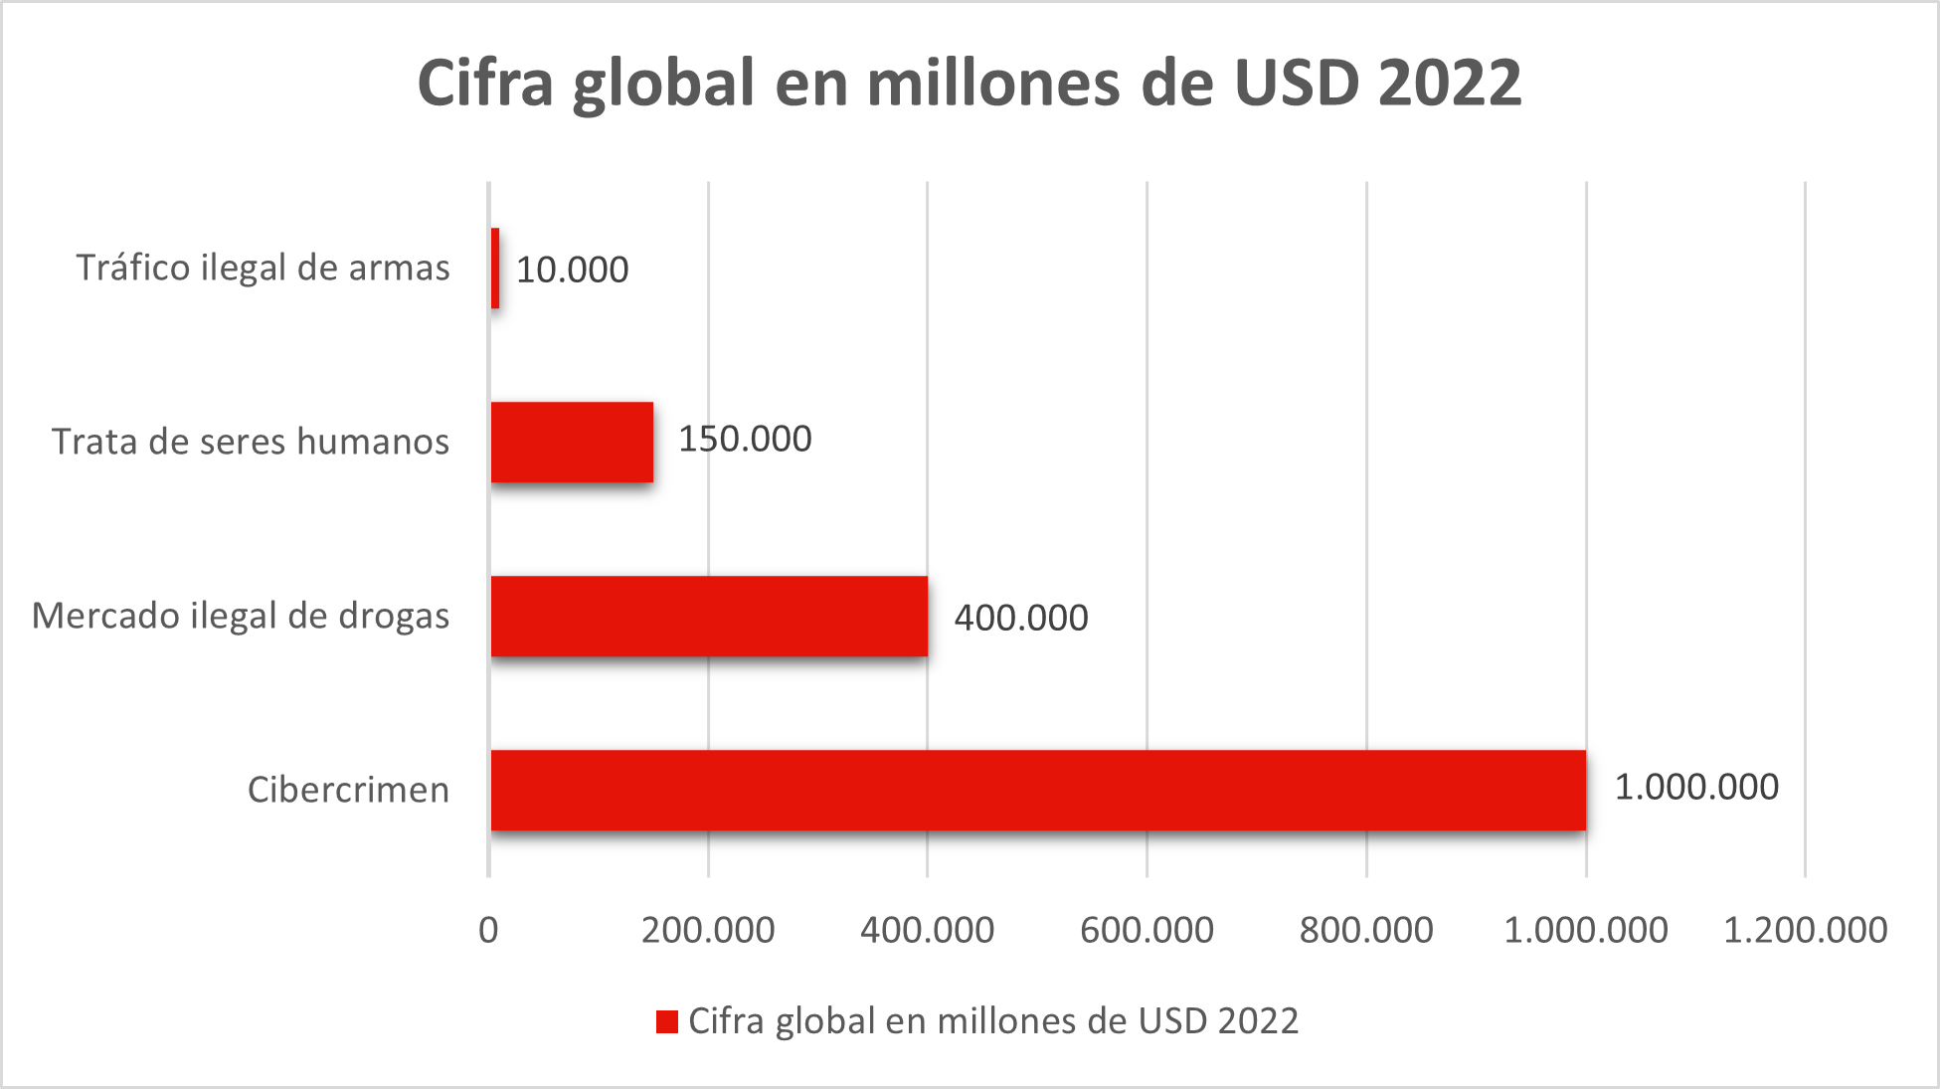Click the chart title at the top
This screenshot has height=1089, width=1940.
pos(970,83)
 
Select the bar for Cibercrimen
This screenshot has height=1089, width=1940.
pos(1038,790)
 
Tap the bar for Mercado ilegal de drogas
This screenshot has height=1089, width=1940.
pos(709,616)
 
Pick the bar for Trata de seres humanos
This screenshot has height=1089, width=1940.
pos(572,442)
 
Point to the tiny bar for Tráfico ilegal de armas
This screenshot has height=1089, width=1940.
pos(495,268)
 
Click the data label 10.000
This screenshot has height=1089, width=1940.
pos(572,270)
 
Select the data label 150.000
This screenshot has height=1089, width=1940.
pos(745,439)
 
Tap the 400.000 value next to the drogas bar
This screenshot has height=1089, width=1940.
pos(1021,618)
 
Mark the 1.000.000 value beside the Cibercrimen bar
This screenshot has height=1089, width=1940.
pos(1695,787)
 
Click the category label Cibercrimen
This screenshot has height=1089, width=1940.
pos(348,790)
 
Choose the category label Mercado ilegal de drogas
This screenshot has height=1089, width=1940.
pos(241,616)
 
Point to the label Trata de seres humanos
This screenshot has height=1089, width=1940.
pos(251,442)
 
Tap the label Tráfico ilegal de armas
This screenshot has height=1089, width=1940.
pos(263,268)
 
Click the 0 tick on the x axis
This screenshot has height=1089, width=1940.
pos(488,930)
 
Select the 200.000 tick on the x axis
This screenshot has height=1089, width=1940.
pos(708,930)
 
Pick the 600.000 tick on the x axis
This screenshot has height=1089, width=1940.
pos(1146,930)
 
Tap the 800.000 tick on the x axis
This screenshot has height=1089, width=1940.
pos(1366,930)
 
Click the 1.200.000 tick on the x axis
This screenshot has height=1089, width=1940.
pos(1805,930)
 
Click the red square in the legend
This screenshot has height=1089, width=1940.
pos(666,1021)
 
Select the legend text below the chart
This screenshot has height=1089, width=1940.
pos(993,1021)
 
